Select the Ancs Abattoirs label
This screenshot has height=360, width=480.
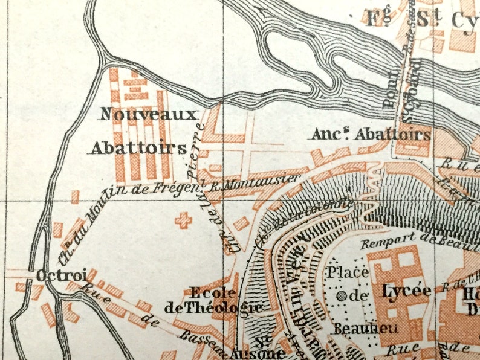pos(371,134)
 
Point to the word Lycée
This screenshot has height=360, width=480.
pos(407,291)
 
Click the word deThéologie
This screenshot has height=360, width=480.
pos(214,307)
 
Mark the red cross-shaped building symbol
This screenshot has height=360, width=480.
pos(183,220)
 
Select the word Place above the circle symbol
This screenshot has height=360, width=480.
pos(348,272)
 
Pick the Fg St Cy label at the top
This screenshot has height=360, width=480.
pos(423,18)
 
